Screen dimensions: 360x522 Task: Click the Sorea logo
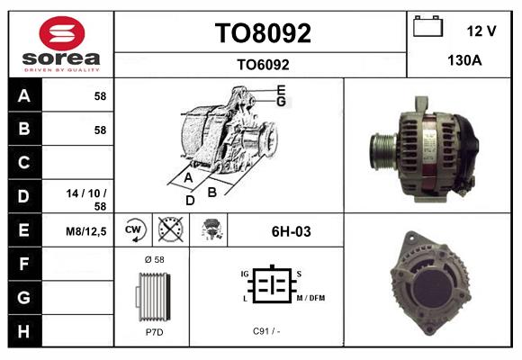click(61, 44)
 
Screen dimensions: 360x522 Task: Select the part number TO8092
click(262, 33)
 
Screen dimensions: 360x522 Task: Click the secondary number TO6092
click(262, 64)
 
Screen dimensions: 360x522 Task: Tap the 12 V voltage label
click(481, 31)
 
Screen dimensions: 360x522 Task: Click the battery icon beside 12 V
click(427, 28)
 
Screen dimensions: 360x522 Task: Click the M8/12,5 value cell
click(87, 231)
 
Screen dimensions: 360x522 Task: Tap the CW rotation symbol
click(133, 231)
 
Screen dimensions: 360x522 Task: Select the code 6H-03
click(291, 231)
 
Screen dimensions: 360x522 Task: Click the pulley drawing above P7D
click(152, 295)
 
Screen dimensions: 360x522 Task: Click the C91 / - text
click(267, 331)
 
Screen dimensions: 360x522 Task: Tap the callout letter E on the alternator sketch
click(281, 90)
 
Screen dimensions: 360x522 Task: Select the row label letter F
click(23, 265)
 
